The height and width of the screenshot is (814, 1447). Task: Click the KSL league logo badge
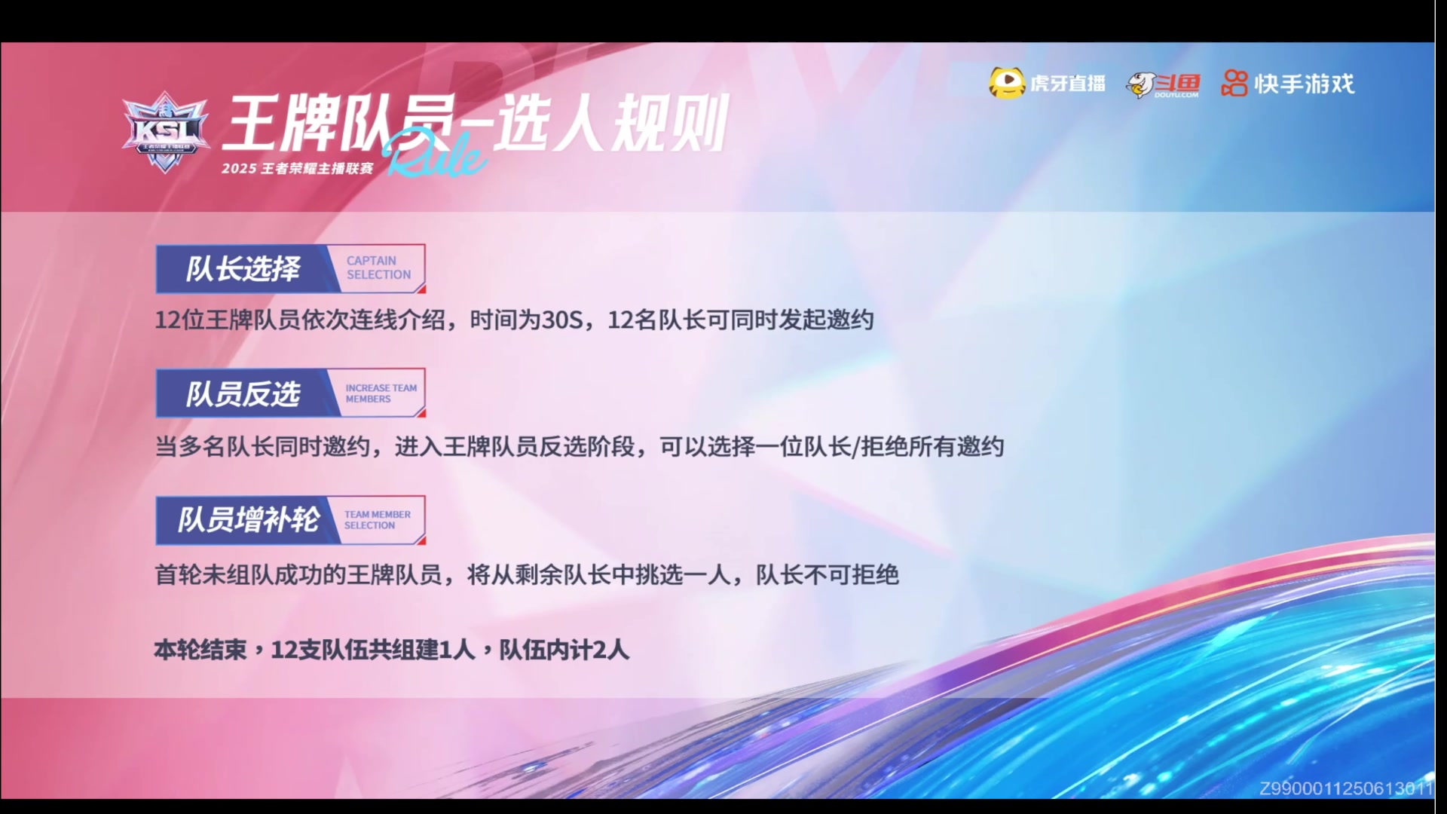[x=165, y=132]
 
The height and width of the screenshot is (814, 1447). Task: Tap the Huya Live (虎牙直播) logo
[x=1048, y=83]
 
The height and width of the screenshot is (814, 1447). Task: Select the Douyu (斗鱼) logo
[x=1163, y=84]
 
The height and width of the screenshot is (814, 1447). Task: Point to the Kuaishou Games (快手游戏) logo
[x=1288, y=83]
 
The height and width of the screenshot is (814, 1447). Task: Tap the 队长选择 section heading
[x=243, y=269]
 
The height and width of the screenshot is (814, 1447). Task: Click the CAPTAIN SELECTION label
[x=378, y=268]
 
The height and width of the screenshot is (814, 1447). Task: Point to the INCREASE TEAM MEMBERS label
[x=381, y=393]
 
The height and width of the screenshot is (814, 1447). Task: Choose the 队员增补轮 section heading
[x=249, y=520]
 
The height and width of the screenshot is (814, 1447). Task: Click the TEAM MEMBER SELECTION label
[x=378, y=520]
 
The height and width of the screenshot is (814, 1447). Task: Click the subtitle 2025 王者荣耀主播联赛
[x=297, y=168]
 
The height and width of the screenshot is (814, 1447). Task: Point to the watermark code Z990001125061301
[x=1346, y=788]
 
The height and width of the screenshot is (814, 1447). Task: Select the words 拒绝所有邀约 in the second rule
[x=932, y=447]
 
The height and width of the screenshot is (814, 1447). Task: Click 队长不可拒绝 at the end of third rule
[x=828, y=575]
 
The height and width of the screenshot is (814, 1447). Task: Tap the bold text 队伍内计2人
[x=564, y=650]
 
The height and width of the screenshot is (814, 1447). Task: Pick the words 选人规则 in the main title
[x=610, y=123]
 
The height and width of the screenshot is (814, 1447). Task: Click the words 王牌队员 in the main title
[x=339, y=123]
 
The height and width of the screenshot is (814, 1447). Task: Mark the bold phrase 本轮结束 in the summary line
[x=200, y=650]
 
